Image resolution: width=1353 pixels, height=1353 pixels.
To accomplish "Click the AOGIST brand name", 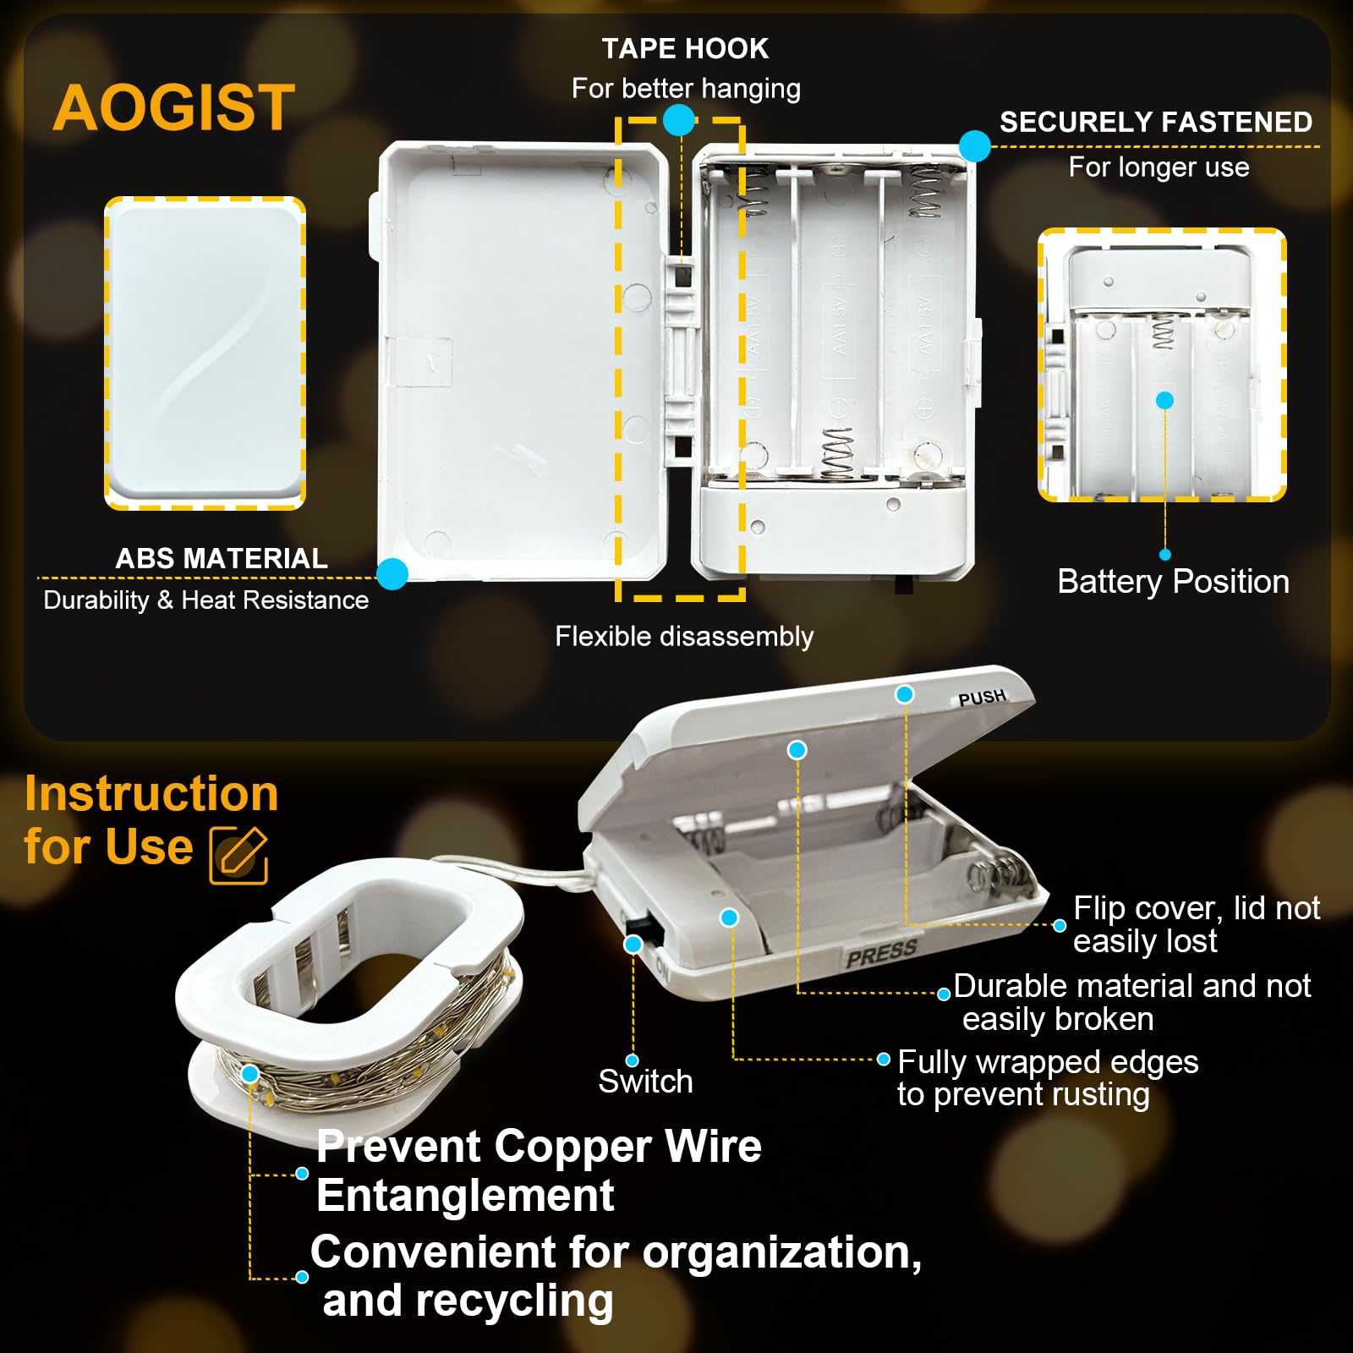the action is (174, 107).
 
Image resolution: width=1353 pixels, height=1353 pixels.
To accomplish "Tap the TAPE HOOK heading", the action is (685, 48).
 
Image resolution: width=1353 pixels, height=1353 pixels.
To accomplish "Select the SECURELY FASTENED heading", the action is (1156, 122).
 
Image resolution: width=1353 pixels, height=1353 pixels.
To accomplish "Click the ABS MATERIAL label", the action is (222, 558).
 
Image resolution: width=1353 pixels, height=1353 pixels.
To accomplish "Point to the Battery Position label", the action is (1174, 582).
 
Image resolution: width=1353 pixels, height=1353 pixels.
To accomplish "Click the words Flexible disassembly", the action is (684, 636).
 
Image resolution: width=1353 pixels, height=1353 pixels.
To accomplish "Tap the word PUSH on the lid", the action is (982, 698).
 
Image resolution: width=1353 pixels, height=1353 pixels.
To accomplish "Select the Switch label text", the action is (645, 1081).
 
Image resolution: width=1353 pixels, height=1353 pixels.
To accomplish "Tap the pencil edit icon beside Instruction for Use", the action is (238, 855).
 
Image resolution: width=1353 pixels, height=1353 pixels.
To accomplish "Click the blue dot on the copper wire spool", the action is (249, 1074).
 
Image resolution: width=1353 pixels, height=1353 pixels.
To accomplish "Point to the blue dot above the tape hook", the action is (679, 120).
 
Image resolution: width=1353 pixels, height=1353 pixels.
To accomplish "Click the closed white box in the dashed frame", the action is (205, 353).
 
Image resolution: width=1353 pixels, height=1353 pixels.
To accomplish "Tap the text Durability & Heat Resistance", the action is (206, 600).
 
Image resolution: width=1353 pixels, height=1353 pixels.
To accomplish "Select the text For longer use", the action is (1159, 167).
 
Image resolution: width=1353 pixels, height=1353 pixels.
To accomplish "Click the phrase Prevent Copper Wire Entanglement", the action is (539, 1170).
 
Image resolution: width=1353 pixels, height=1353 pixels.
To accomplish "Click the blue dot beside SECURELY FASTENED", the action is (975, 146).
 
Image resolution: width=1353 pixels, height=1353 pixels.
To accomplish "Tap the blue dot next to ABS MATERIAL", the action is (392, 574).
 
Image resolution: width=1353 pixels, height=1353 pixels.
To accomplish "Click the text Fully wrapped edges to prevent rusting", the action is (1048, 1078).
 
